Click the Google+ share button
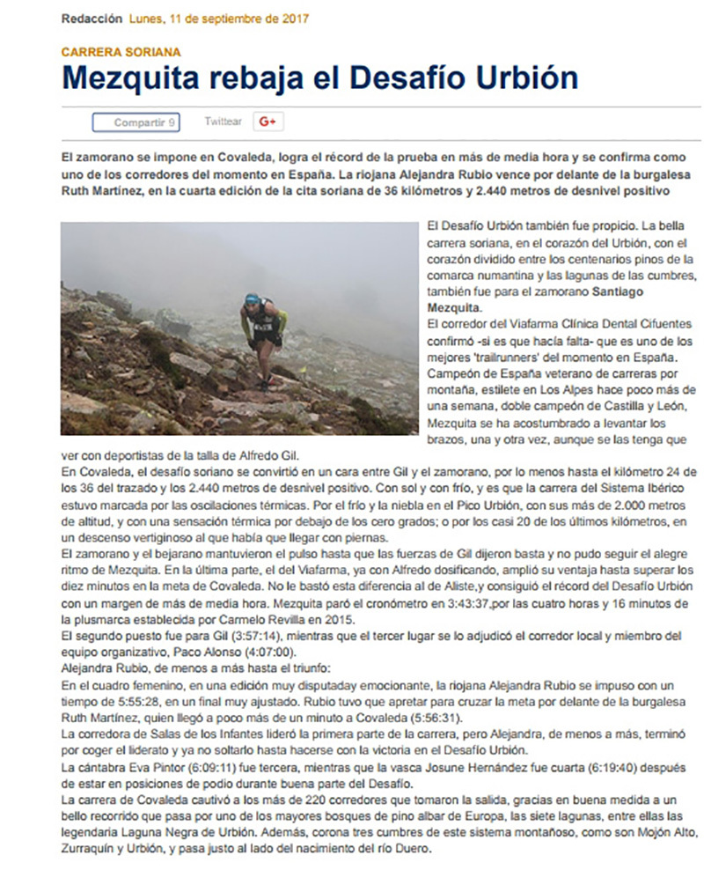[268, 122]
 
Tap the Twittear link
[223, 122]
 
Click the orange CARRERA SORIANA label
[121, 52]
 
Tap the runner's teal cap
[253, 299]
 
